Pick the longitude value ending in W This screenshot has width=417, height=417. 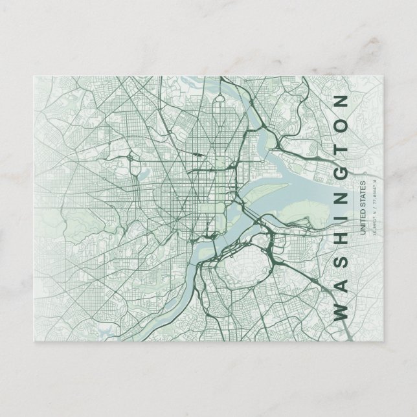coord(374,194)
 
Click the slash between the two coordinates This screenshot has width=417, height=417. coord(374,208)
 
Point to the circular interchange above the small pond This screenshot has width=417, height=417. coord(132,155)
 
